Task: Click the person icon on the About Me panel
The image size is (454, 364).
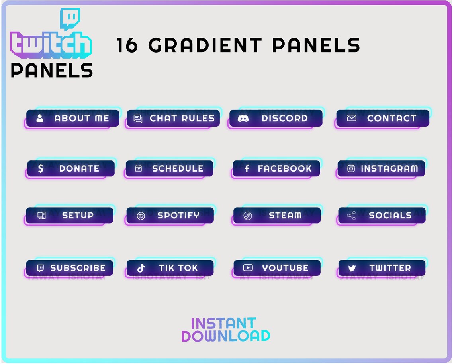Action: [40, 118]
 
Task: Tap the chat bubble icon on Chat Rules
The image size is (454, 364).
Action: [138, 119]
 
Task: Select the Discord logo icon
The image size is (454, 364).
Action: [243, 118]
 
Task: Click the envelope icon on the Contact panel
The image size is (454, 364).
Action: [352, 118]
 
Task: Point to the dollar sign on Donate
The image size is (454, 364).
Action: [41, 168]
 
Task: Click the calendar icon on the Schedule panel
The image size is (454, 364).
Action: [138, 168]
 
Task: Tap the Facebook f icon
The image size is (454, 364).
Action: [247, 168]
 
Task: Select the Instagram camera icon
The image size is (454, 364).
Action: [351, 168]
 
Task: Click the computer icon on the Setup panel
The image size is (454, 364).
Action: [41, 215]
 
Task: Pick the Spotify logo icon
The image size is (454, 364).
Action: [141, 216]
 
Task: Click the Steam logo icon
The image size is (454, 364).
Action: [248, 216]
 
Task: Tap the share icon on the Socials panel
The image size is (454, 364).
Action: [351, 216]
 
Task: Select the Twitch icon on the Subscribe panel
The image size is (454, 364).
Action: [40, 268]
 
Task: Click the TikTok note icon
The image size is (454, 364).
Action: [141, 268]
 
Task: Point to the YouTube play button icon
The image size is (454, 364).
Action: [248, 268]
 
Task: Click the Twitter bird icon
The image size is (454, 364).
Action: [352, 268]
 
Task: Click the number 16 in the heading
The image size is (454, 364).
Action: [127, 45]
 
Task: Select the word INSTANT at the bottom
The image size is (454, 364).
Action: [223, 323]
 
